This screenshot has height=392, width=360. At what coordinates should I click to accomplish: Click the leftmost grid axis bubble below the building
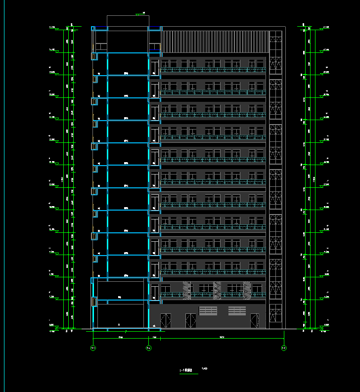coord(93,348)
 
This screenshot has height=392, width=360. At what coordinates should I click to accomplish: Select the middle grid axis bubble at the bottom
coord(149,348)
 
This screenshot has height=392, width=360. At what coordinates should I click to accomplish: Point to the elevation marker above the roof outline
coord(138,14)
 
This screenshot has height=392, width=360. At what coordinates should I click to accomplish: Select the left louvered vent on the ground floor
coord(208,310)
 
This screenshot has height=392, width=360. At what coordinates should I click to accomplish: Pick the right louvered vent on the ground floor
coord(237,310)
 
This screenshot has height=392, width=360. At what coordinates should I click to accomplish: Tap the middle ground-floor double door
coord(190,320)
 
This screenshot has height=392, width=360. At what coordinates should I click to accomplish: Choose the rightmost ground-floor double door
coord(254,320)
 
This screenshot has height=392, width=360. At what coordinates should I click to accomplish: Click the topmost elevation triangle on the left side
coord(57,29)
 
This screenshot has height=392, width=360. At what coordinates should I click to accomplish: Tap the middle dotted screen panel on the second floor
coord(217,290)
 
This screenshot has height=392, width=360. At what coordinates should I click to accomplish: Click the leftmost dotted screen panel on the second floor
coord(187,290)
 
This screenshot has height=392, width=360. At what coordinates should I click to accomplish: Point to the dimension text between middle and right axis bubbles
coord(221,337)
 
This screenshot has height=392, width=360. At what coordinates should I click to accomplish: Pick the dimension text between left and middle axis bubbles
coord(121,337)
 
